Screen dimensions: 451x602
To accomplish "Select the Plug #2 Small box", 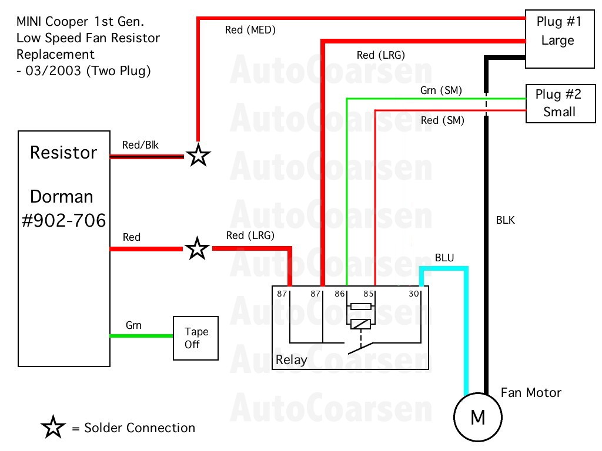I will tap(560, 103).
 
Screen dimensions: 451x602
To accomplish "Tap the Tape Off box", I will tap(196, 338).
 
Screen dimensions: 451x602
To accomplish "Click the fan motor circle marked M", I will tap(478, 418).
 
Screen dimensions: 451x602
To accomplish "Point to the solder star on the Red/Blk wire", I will tap(198, 156).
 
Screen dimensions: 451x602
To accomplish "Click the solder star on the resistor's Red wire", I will tap(198, 249).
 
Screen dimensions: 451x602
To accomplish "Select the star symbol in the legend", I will tap(53, 428).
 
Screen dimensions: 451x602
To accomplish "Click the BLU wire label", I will tap(444, 258).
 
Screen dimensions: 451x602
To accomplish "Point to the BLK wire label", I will tap(506, 221).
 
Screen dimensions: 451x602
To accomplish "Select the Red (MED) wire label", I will tap(250, 29).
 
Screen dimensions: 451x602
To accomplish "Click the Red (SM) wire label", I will tap(443, 120).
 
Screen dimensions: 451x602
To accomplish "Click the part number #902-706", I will tap(64, 221).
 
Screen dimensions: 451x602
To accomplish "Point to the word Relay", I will tap(291, 359).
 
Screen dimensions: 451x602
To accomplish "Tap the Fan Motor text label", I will tap(531, 392).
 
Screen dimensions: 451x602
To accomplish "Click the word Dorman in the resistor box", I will tap(62, 196).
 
